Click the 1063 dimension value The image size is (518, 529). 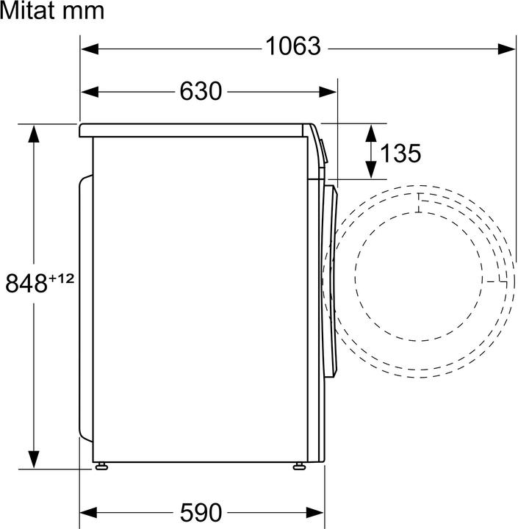point(293,47)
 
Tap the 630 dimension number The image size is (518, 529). point(200,92)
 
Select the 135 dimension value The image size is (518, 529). point(401,153)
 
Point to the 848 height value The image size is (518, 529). point(26,284)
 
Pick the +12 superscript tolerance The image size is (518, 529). point(62,278)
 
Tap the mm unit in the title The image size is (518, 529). point(86,11)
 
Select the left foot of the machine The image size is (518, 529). point(101,465)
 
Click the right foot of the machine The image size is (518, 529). point(300,465)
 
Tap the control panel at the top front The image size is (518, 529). point(317,151)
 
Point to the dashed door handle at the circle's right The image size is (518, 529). point(495,281)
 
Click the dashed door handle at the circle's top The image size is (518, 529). point(418,202)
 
